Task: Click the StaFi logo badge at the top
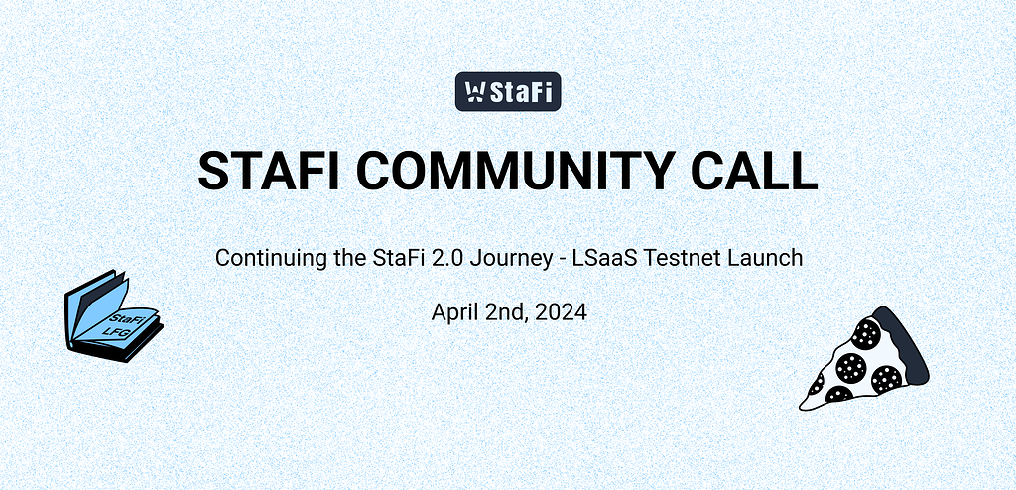click(508, 93)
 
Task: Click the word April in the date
click(453, 312)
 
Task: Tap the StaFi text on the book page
click(126, 319)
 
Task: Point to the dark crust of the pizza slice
click(908, 343)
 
